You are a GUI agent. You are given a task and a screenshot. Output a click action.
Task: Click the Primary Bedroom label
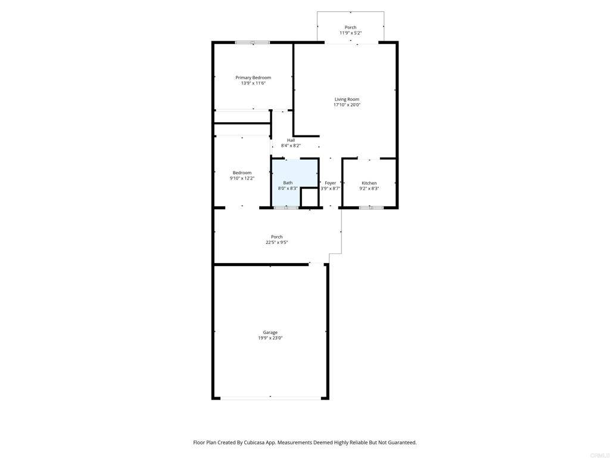point(253,78)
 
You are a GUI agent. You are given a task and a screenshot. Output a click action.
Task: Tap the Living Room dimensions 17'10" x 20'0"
point(347,105)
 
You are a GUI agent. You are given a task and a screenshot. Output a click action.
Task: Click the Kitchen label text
point(369,183)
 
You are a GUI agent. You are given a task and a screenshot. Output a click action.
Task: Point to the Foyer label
point(330,183)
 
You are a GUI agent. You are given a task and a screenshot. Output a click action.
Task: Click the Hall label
point(291,140)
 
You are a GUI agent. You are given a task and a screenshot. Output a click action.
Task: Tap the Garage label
point(270,332)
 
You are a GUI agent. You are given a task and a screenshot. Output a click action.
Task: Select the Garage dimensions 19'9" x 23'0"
point(270,338)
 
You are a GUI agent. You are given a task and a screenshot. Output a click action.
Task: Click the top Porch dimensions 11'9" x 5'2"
point(350,33)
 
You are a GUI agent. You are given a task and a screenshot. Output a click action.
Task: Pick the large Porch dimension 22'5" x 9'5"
point(277,243)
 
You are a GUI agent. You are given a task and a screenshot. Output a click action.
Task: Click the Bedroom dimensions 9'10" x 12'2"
point(242,178)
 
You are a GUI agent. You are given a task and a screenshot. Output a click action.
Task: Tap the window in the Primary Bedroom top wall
point(252,42)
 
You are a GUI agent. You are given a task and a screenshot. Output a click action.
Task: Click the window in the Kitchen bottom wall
point(371,208)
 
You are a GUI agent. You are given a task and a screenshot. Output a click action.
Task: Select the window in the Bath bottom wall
point(286,208)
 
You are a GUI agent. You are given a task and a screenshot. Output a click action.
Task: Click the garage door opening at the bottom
point(270,397)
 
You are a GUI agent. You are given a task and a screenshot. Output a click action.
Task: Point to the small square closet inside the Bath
point(309,197)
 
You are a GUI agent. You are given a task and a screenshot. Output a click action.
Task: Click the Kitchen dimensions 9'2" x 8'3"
point(369,188)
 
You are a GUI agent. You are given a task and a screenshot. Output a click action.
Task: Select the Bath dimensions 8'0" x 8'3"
point(288,188)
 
